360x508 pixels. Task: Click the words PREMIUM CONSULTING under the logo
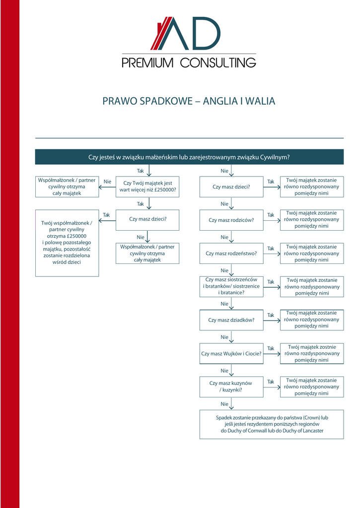pos(189,63)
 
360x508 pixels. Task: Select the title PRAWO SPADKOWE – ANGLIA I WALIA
pos(189,101)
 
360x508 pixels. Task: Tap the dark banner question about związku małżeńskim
pos(189,157)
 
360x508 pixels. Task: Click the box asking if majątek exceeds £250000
pos(147,187)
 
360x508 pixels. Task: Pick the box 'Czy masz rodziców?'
pos(231,220)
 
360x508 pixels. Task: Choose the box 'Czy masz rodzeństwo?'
pos(231,253)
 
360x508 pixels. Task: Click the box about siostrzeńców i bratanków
pos(231,286)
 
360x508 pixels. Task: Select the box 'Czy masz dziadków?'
pos(231,319)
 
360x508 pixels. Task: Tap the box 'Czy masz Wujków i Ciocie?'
pos(231,353)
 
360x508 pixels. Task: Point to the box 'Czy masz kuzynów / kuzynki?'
pos(231,386)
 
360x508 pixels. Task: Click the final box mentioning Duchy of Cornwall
pos(272,424)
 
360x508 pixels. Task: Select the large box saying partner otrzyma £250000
pos(67,243)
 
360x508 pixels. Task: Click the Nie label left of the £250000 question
pos(107,182)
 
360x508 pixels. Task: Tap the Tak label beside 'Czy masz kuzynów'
pos(271,381)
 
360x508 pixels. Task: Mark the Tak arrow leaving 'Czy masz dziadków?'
pos(271,320)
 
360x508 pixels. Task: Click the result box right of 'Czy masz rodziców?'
pos(312,220)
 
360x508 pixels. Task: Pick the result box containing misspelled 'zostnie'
pos(312,353)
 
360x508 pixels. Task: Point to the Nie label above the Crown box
pos(224,404)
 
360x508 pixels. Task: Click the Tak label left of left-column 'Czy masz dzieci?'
pos(106,215)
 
